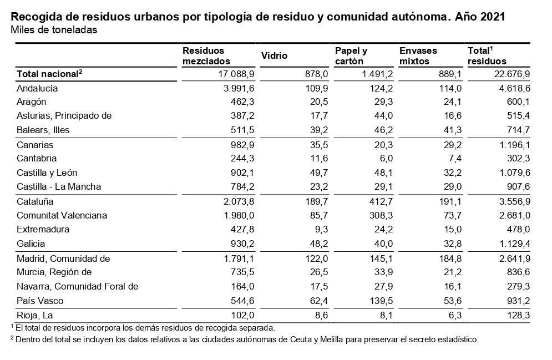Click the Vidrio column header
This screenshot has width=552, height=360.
(x=274, y=55)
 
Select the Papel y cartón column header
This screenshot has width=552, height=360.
(x=351, y=55)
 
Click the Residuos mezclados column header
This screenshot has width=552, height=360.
(x=206, y=55)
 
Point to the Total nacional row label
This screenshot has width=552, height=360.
(x=49, y=73)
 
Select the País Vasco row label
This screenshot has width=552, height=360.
(x=40, y=301)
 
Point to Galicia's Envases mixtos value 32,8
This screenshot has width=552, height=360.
(x=450, y=244)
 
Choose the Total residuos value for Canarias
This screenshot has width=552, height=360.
(x=512, y=145)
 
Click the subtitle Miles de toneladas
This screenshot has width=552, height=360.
(x=54, y=30)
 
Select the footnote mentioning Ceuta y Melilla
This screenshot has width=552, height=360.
(x=244, y=339)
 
